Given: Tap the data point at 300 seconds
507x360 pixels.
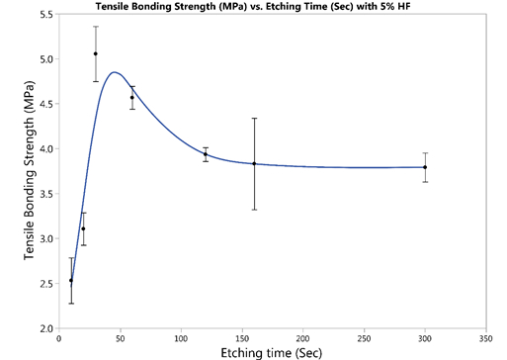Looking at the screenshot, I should click(425, 167).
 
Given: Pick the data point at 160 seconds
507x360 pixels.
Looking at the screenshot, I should click(254, 163).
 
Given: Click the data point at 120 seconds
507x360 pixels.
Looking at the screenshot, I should click(206, 154).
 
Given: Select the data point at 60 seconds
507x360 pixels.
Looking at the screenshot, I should click(132, 97).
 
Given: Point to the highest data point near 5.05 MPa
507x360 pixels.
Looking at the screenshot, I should click(96, 53).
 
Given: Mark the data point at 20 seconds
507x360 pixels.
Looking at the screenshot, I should click(84, 228).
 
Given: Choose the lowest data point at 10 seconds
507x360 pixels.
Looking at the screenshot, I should click(71, 281).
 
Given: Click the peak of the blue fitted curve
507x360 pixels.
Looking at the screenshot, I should click(115, 72).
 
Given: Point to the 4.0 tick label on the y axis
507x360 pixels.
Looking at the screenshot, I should click(47, 148).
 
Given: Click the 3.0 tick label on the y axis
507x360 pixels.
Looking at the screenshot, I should click(47, 238).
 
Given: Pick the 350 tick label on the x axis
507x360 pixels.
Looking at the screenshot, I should click(485, 337).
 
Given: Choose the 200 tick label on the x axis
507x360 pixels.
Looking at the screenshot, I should click(302, 337).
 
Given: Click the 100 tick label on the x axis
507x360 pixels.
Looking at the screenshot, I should click(181, 337).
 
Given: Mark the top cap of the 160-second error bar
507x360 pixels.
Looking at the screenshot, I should click(254, 119).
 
